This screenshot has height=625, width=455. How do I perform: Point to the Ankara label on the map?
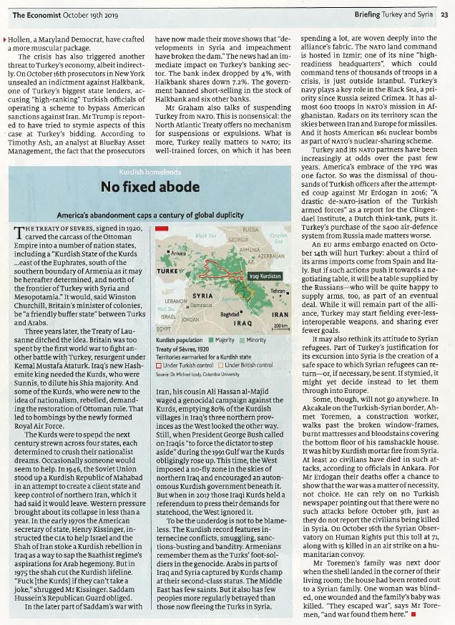(178, 253)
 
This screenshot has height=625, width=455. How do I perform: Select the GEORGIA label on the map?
(238, 240)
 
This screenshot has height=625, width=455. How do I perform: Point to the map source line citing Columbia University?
(198, 374)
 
